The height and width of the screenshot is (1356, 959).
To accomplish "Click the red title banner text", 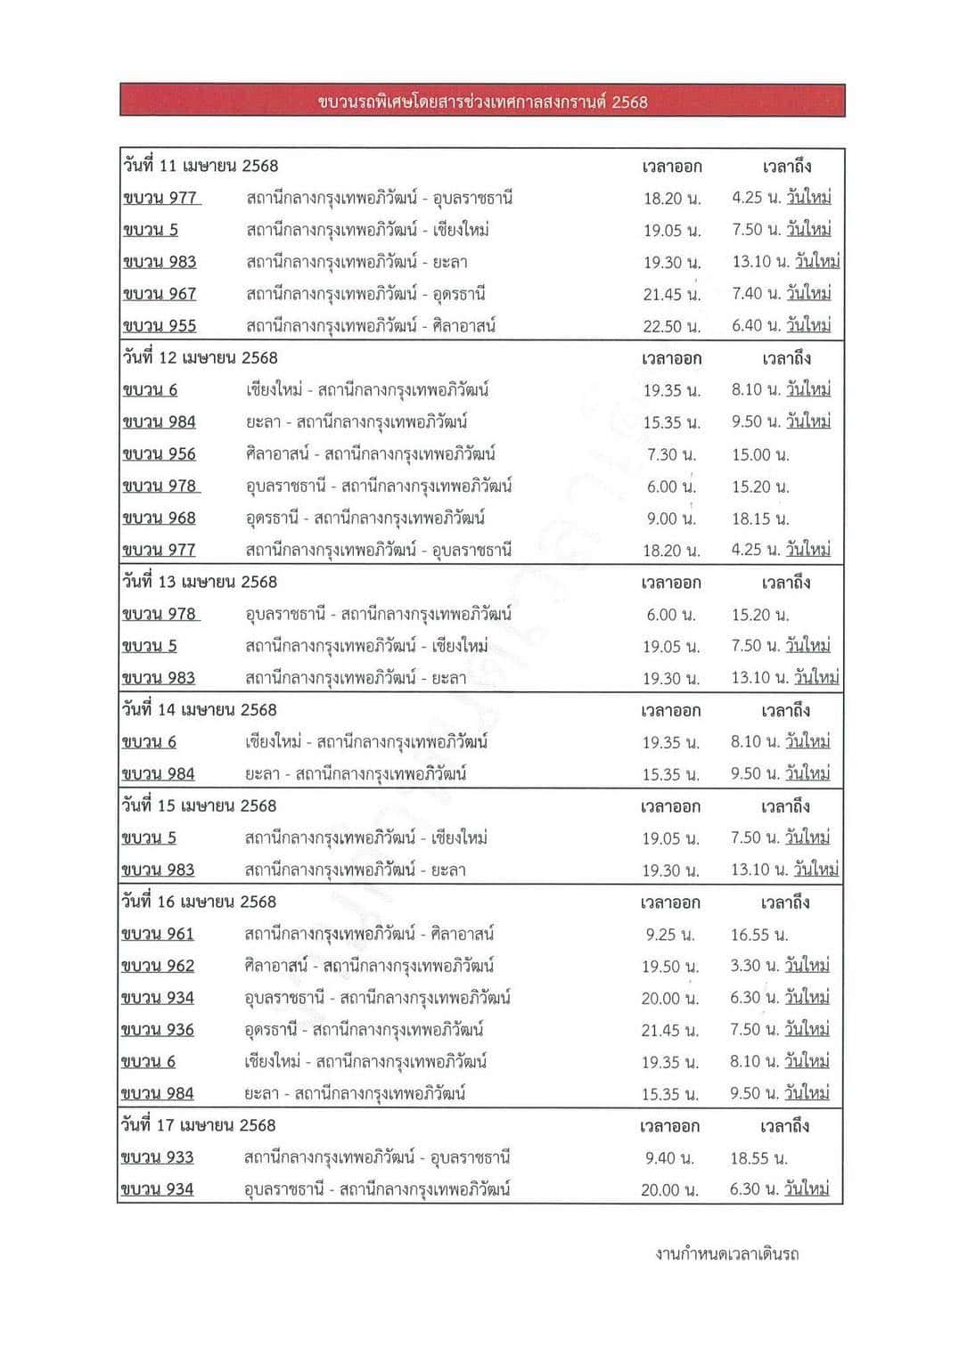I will click(x=482, y=102).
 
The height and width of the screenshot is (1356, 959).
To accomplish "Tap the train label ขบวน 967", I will click(x=160, y=294).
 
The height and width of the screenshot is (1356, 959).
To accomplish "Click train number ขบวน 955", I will click(x=160, y=326).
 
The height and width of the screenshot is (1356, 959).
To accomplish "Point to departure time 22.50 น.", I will click(x=672, y=326).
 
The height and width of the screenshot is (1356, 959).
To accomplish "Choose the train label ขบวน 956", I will click(x=160, y=454).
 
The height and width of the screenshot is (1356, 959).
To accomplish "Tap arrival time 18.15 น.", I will click(x=760, y=519).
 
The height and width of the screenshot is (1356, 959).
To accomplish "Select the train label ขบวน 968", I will click(x=160, y=519).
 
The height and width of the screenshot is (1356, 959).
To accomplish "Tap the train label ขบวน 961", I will click(x=158, y=935).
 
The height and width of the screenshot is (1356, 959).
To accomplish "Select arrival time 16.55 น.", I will click(x=759, y=935).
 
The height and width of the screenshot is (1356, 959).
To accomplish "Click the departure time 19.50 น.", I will click(x=670, y=967).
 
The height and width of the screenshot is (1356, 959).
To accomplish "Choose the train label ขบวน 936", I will click(x=158, y=1030).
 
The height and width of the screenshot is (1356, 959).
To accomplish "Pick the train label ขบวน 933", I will click(x=158, y=1158).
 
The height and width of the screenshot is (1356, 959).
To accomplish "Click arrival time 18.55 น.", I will click(x=759, y=1158).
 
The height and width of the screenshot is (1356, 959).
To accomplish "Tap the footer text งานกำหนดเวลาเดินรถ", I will click(x=726, y=1254).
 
